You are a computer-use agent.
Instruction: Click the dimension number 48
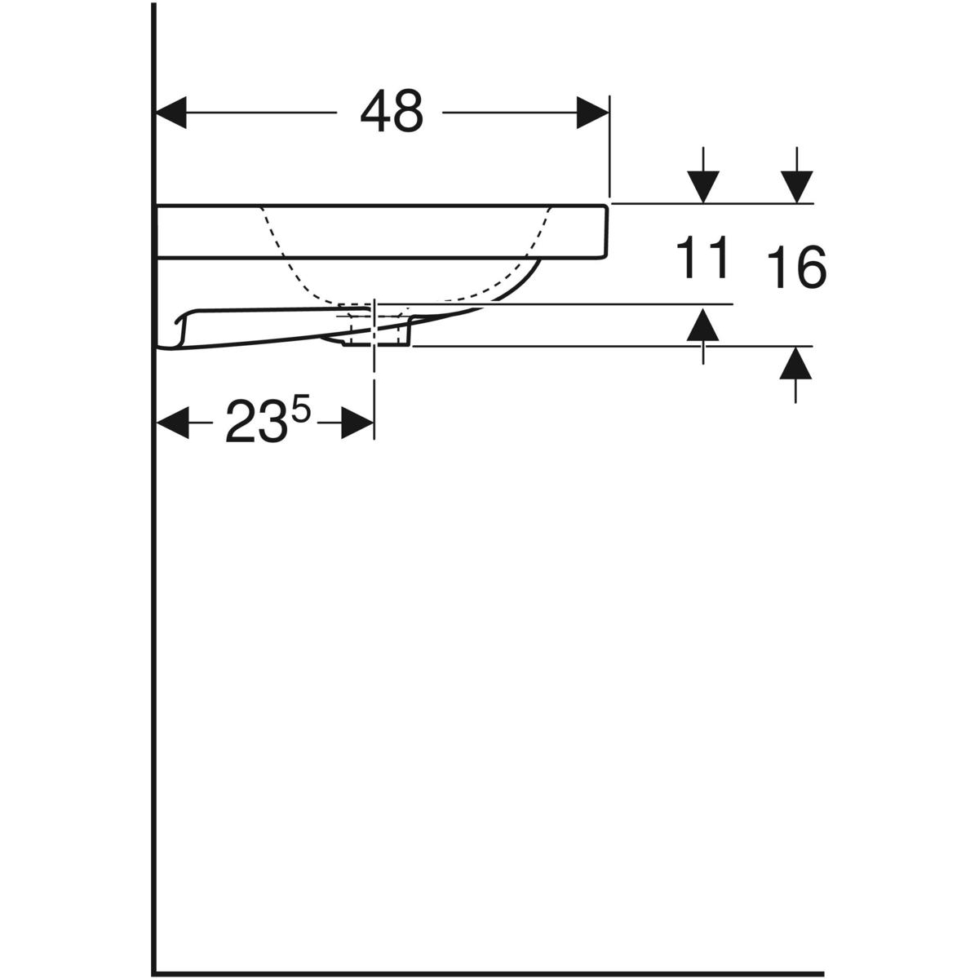[392, 112]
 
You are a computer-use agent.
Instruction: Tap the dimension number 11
[702, 257]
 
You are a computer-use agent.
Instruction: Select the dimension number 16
[796, 267]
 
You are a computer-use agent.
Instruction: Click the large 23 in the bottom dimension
[254, 421]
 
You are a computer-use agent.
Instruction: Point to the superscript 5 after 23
[301, 410]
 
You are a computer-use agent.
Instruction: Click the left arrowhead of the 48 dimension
[171, 113]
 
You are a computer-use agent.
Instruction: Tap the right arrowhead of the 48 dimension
[592, 113]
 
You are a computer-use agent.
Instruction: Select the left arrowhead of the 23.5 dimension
[172, 422]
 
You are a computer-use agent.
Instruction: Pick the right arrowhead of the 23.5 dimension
[357, 422]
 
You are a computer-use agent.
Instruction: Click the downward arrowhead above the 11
[703, 187]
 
